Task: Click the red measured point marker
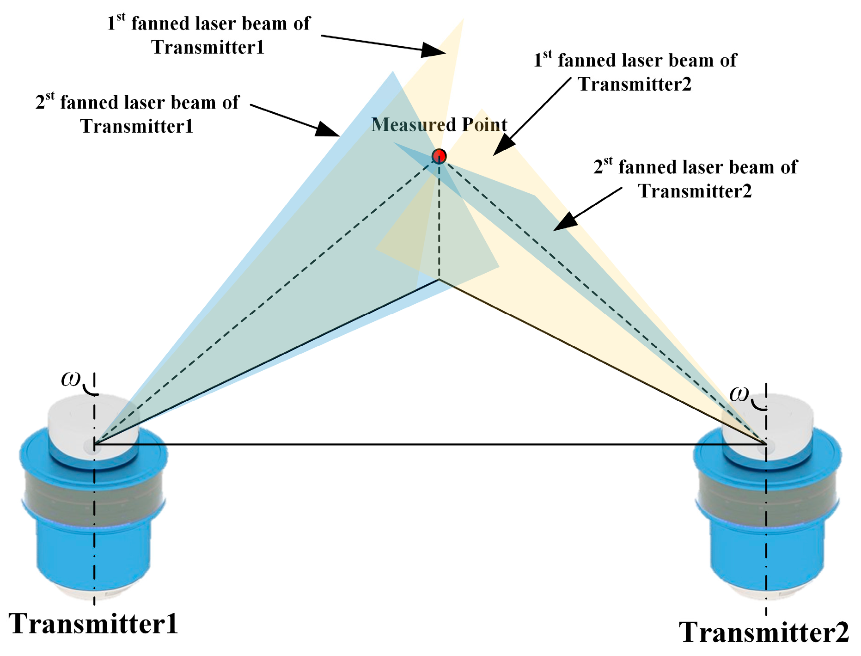[439, 156]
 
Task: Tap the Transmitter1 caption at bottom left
[93, 624]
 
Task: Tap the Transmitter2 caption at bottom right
[763, 632]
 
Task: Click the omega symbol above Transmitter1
[71, 379]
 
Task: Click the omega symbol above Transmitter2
[739, 393]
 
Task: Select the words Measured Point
[439, 125]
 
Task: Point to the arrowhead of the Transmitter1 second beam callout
[327, 129]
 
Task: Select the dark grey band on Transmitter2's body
[767, 497]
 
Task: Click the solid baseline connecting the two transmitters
[430, 445]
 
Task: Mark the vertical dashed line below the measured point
[439, 222]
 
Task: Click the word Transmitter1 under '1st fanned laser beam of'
[208, 47]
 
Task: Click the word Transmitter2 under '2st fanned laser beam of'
[695, 191]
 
